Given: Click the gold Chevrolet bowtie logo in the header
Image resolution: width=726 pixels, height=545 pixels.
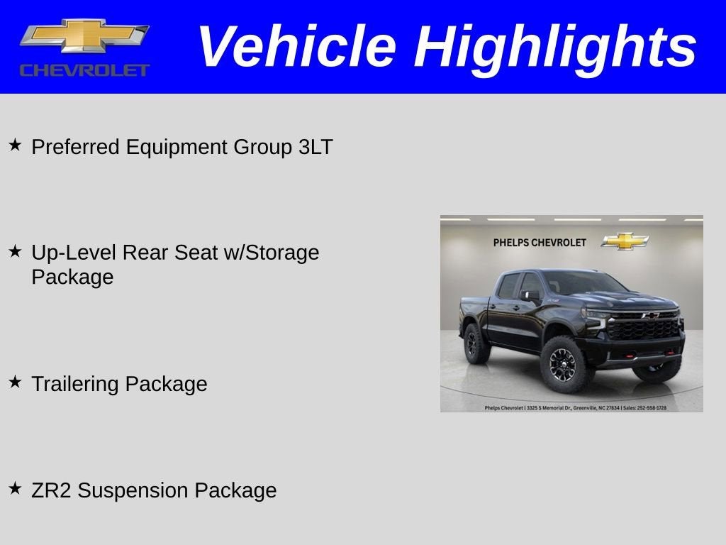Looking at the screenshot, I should tap(84, 36).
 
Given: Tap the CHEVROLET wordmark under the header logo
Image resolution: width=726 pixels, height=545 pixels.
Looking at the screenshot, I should tap(84, 70).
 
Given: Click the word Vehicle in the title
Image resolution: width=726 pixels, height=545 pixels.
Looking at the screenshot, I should tap(296, 47).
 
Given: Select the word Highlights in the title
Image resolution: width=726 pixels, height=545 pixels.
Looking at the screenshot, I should tap(555, 47).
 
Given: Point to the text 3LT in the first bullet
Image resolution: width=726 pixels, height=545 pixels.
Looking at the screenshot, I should tap(315, 148).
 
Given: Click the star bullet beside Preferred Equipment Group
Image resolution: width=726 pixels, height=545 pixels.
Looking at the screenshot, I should tap(15, 145).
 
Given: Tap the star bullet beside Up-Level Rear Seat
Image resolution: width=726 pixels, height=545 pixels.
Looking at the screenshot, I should tap(15, 251).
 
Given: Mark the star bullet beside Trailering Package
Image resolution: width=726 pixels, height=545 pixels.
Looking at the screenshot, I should tap(15, 382).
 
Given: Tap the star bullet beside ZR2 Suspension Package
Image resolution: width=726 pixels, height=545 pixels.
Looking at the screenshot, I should tap(15, 489).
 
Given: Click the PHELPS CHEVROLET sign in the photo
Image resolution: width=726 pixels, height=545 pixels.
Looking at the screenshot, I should tap(540, 243).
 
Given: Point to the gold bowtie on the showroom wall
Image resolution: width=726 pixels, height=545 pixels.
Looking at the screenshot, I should tap(625, 241).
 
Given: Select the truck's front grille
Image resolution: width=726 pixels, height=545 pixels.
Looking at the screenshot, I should tap(644, 327).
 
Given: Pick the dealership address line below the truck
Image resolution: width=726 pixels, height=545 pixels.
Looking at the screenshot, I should tap(575, 408).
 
